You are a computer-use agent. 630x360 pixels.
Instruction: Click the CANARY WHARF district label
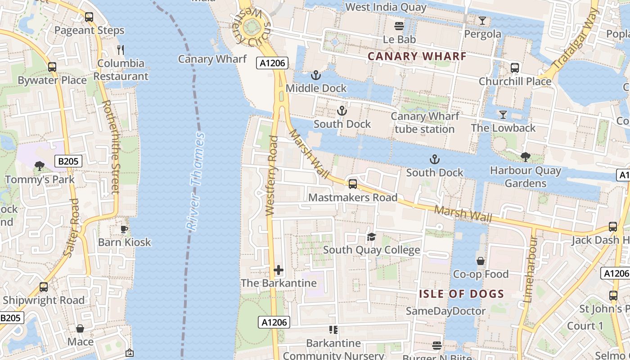pyautogui.click(x=417, y=56)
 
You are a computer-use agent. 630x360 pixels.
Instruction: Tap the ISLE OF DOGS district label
pyautogui.click(x=462, y=294)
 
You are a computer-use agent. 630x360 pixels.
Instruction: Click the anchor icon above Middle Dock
pyautogui.click(x=316, y=75)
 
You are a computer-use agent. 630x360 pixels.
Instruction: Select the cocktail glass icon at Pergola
pyautogui.click(x=482, y=21)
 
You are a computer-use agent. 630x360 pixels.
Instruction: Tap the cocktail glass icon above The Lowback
pyautogui.click(x=503, y=115)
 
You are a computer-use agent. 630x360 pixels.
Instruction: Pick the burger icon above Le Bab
pyautogui.click(x=399, y=26)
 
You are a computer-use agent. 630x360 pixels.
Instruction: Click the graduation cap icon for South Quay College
pyautogui.click(x=371, y=237)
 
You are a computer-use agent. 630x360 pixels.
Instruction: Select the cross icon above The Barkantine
pyautogui.click(x=279, y=270)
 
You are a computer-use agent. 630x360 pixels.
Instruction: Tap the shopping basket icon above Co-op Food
pyautogui.click(x=481, y=261)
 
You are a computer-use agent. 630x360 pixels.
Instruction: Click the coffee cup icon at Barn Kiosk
pyautogui.click(x=124, y=229)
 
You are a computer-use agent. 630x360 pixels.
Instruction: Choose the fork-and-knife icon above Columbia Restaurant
pyautogui.click(x=120, y=49)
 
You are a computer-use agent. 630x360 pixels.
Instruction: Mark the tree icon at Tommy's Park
pyautogui.click(x=40, y=166)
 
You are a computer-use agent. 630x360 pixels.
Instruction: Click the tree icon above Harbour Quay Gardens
pyautogui.click(x=525, y=157)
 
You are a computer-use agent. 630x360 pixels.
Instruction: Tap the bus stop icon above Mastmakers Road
pyautogui.click(x=353, y=184)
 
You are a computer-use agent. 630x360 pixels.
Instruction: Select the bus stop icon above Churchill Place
pyautogui.click(x=515, y=68)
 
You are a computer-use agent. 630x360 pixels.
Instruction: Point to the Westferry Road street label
pyautogui.click(x=272, y=175)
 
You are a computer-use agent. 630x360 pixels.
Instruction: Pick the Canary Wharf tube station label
pyautogui.click(x=425, y=122)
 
